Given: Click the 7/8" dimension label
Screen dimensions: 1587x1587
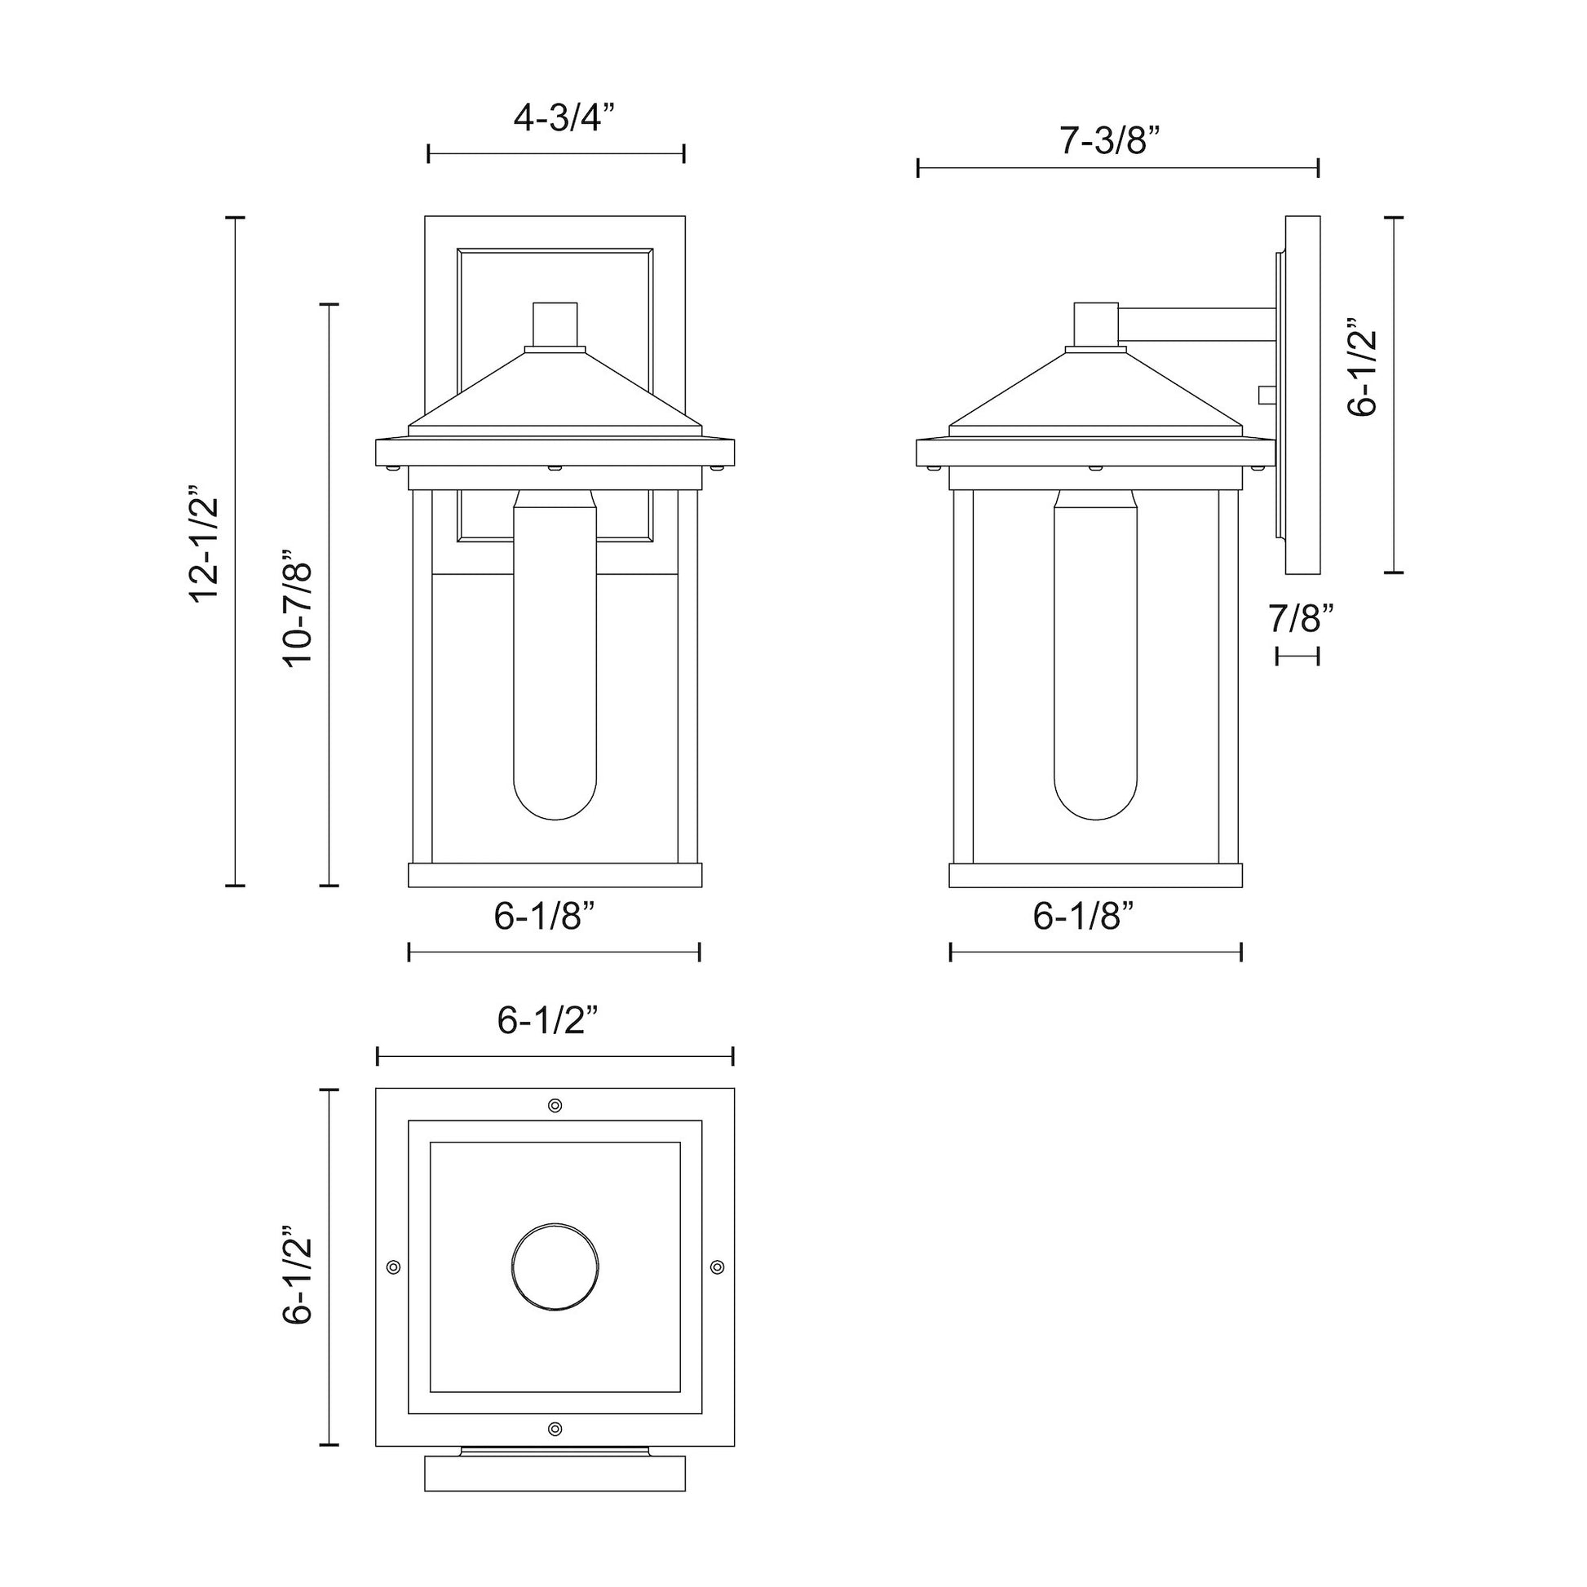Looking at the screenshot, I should [1300, 617].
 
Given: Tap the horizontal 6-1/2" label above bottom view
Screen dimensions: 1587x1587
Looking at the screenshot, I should [547, 1020].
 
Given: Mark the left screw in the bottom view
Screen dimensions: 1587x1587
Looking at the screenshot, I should [393, 1267].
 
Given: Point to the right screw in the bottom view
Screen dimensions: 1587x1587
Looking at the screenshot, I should [717, 1267].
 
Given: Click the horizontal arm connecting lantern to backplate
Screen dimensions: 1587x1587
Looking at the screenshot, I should [1196, 325].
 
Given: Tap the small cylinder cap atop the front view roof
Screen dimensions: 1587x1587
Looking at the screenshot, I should [555, 325].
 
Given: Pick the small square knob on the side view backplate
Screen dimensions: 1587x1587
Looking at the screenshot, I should [1266, 396].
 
